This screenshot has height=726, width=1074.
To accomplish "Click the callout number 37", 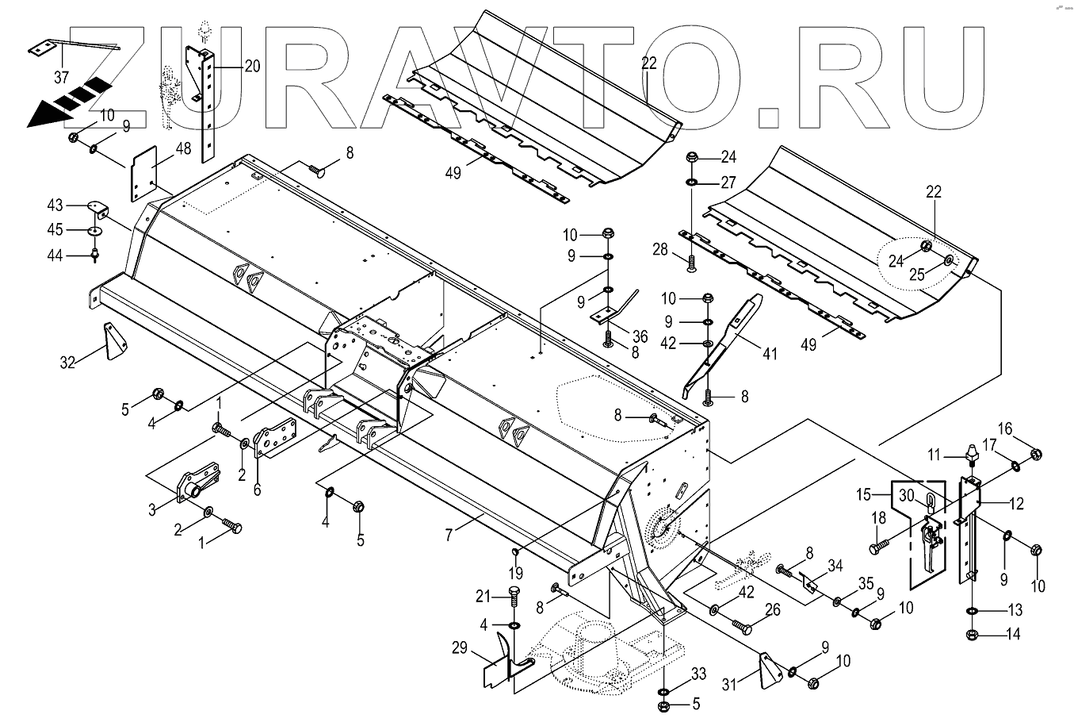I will [x=62, y=77].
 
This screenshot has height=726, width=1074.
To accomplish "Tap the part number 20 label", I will [x=252, y=67].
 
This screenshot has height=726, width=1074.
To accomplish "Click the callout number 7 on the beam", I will [x=449, y=536].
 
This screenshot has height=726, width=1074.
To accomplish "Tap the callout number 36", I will [x=640, y=337].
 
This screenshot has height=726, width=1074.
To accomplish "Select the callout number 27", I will [x=728, y=182].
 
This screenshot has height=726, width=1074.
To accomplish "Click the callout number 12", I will [x=1017, y=502].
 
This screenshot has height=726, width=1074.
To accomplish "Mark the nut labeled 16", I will [x=1035, y=454].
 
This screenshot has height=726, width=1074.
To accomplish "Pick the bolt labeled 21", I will [x=513, y=597].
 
